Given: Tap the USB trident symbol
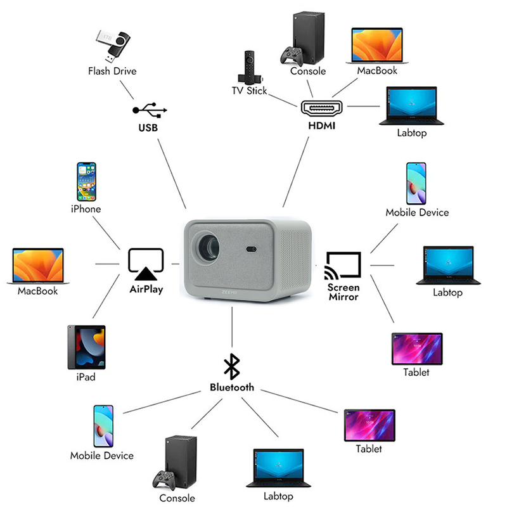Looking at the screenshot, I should pyautogui.click(x=150, y=110).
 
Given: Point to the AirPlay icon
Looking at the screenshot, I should pyautogui.click(x=146, y=264).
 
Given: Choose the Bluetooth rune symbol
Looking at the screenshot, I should pyautogui.click(x=232, y=367).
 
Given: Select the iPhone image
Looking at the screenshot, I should pyautogui.click(x=86, y=181).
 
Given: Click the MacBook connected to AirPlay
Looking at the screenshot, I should pyautogui.click(x=38, y=266).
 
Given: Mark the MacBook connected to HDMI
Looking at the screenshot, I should pyautogui.click(x=377, y=45).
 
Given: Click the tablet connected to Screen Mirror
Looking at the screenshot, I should pyautogui.click(x=416, y=348).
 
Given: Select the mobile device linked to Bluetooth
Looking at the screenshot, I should pyautogui.click(x=103, y=427).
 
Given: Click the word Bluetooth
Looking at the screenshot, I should pyautogui.click(x=232, y=387).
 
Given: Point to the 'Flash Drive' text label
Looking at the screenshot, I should pyautogui.click(x=112, y=71).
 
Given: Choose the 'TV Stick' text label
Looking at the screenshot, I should pyautogui.click(x=249, y=91).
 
